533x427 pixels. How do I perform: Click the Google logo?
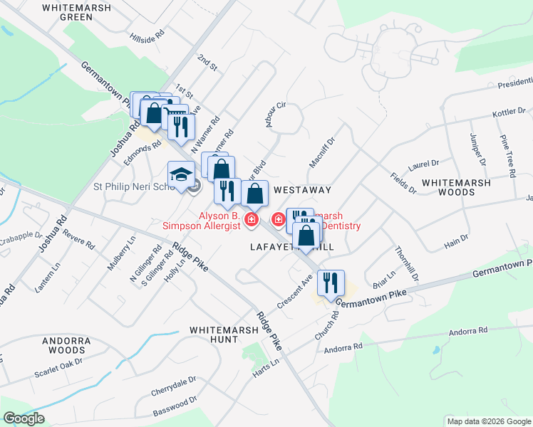pos(24,418)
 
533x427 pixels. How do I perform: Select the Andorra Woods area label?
pos(66,346)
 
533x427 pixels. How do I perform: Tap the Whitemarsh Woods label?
pos(466,187)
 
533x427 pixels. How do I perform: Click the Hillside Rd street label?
pos(147,35)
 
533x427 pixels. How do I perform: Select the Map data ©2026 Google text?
pos(487,421)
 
